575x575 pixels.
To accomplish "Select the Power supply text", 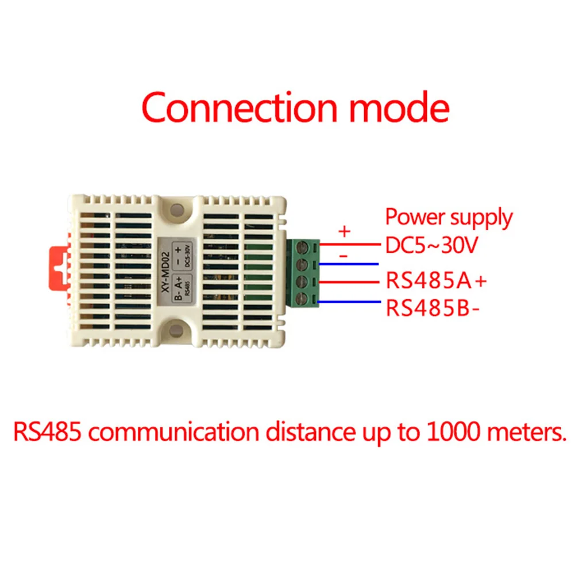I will [449, 218].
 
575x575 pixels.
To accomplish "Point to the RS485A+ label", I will [436, 282].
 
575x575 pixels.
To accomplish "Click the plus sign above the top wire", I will [344, 231].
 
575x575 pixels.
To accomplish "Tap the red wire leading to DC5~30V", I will [350, 245].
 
